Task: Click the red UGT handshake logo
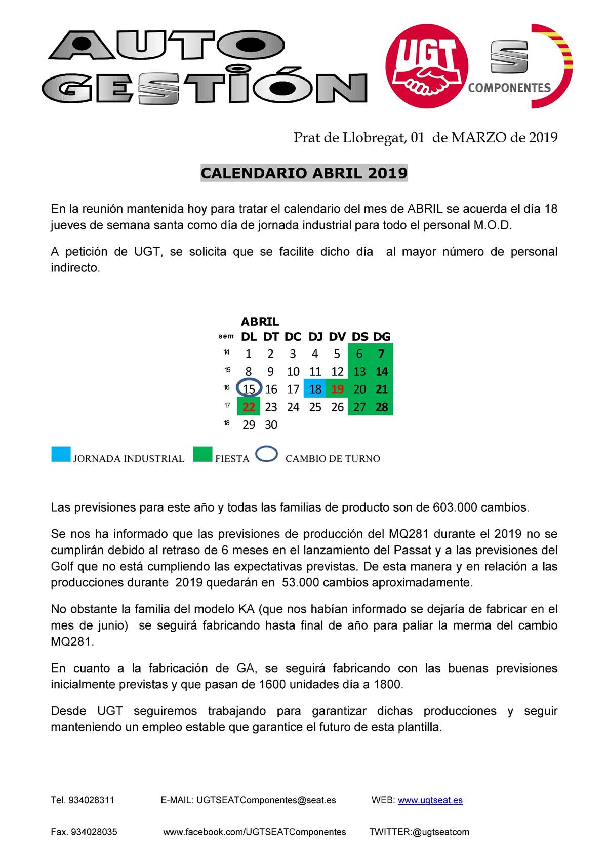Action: [426, 66]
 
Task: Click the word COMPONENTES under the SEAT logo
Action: [509, 88]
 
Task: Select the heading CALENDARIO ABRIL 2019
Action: [304, 173]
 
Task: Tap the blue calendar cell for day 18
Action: [315, 389]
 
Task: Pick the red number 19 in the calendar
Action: [337, 389]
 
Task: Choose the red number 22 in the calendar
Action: [249, 407]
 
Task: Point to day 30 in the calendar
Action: [271, 425]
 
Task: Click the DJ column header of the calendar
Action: [315, 337]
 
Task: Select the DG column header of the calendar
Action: [382, 337]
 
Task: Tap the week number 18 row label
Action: [226, 423]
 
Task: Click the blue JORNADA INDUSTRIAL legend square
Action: [61, 454]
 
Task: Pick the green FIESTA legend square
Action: [202, 454]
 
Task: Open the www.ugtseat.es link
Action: [430, 800]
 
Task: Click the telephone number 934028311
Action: [91, 800]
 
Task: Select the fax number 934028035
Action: [94, 832]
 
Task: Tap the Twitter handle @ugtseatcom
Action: [440, 832]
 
